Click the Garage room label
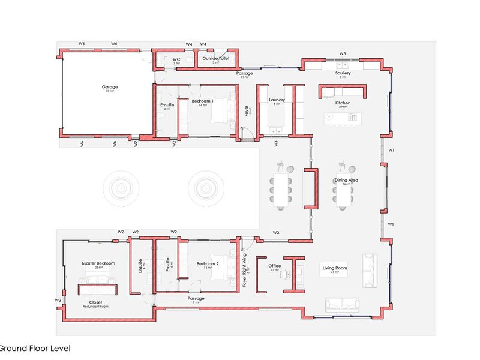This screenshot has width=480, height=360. pyautogui.click(x=110, y=87)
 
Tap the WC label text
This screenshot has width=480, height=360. pyautogui.click(x=176, y=59)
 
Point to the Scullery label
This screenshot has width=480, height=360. pyautogui.click(x=343, y=73)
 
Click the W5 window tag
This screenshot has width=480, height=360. pyautogui.click(x=343, y=53)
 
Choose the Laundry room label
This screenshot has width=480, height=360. pyautogui.click(x=277, y=100)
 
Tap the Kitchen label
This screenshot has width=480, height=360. pyautogui.click(x=343, y=103)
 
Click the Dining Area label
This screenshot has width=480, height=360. pyautogui.click(x=346, y=180)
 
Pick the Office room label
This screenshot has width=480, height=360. pyautogui.click(x=275, y=266)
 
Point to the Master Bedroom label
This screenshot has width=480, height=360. pyautogui.click(x=98, y=263)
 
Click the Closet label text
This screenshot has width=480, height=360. pyautogui.click(x=96, y=302)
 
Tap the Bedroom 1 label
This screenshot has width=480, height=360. pyautogui.click(x=202, y=101)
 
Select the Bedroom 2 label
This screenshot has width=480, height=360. pyautogui.click(x=207, y=263)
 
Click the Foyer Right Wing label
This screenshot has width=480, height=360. pyautogui.click(x=245, y=269)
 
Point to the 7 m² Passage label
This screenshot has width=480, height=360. pyautogui.click(x=196, y=298)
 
